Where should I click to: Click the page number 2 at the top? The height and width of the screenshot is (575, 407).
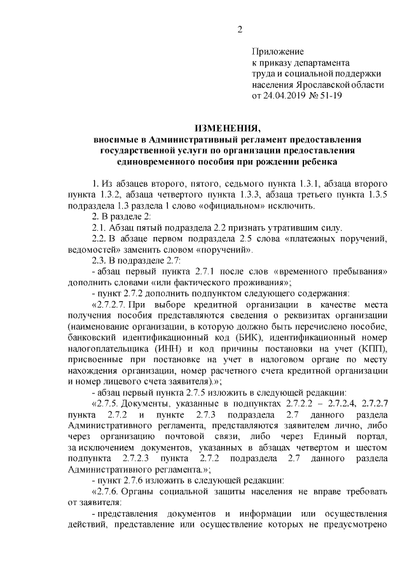[240, 30]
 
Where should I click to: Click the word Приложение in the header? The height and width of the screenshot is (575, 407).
[278, 51]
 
